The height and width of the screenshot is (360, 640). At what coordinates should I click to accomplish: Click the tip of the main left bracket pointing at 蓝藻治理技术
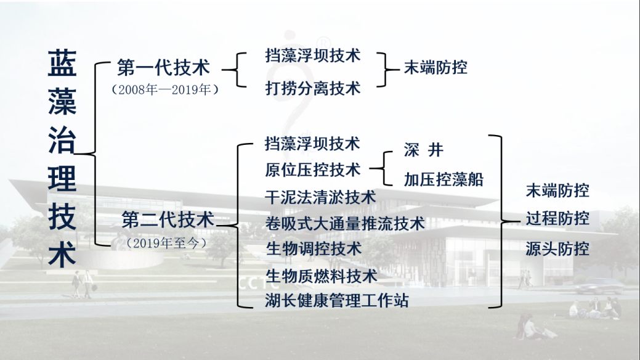(75, 154)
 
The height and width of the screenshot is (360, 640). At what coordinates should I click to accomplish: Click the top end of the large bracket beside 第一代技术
(110, 62)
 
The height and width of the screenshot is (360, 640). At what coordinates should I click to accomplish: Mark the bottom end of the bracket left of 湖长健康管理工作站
(253, 307)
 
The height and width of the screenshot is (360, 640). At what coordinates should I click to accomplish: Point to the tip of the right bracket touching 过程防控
(520, 222)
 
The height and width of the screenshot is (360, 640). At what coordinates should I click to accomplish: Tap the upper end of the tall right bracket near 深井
(489, 135)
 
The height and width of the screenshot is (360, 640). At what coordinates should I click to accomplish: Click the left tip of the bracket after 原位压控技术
(370, 168)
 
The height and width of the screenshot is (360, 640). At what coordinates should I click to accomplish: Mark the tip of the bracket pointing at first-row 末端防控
(399, 70)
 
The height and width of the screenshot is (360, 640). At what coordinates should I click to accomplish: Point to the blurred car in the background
(599, 285)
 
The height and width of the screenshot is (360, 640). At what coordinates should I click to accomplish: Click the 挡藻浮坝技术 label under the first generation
(313, 55)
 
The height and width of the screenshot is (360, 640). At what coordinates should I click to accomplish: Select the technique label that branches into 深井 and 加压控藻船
(313, 170)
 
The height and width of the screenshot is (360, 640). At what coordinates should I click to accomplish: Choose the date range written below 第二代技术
(165, 243)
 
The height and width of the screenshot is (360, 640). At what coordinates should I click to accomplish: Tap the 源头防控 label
(557, 248)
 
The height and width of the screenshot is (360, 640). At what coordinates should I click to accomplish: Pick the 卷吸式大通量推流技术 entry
(345, 224)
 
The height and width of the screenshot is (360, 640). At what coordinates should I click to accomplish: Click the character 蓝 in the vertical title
(62, 63)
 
